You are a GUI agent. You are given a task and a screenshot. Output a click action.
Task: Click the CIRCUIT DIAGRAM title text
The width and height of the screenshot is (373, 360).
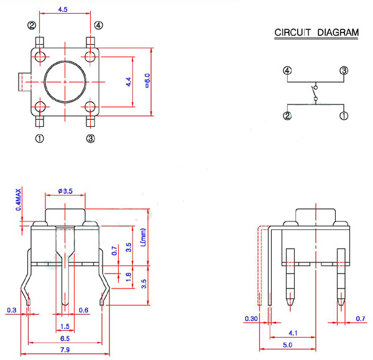coord(316,32)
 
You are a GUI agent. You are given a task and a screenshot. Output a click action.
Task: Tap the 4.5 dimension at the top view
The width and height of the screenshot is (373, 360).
coord(63,10)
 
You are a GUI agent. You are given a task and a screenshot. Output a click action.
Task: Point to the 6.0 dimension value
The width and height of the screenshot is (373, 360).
coord(147,80)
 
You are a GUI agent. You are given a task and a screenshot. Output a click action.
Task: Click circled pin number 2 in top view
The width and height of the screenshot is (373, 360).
coord(32,25)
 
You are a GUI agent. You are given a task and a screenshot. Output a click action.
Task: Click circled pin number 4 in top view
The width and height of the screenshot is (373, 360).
coord(99,25)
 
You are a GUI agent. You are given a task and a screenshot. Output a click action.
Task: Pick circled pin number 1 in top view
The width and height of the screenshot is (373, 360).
coord(40,138)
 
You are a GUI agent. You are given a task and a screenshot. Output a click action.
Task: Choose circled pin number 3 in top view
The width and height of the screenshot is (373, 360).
coord(91,138)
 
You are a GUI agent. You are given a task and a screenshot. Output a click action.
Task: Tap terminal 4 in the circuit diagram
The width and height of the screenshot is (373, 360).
coord(287,70)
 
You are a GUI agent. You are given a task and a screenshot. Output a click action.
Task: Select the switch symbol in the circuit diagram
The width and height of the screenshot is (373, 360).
coord(315,93)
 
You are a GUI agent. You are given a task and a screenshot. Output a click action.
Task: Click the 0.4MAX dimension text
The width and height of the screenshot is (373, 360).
coord(19,198)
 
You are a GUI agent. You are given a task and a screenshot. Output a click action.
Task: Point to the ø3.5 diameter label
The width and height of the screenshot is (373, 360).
coord(65,191)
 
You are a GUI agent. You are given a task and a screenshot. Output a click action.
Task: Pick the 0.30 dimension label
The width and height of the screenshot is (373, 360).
coord(251,320)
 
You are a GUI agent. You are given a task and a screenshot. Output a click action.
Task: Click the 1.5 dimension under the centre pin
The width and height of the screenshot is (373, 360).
coord(65,326)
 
